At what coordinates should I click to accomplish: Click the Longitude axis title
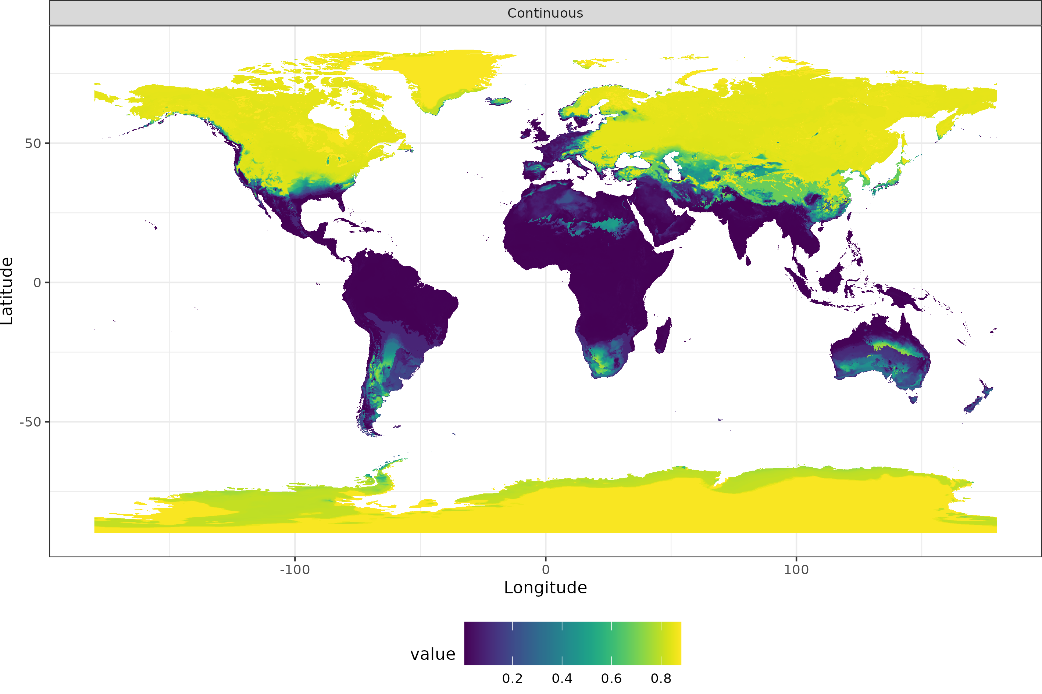click(x=545, y=588)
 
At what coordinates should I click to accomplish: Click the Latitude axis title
click(x=7, y=291)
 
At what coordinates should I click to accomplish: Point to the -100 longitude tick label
click(x=295, y=569)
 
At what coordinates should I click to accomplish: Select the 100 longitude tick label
click(x=796, y=569)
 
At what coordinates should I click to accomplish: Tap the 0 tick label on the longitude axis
click(x=545, y=569)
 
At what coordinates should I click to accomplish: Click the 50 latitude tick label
click(x=33, y=143)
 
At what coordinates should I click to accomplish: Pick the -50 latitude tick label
click(x=30, y=422)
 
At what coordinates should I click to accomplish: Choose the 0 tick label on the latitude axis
click(x=37, y=283)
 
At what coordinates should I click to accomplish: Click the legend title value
click(x=432, y=654)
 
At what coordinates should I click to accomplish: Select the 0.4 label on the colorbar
click(x=561, y=679)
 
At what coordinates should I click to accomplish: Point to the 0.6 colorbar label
click(x=611, y=679)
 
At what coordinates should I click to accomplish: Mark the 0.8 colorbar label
click(x=661, y=679)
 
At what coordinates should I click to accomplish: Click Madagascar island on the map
click(x=663, y=337)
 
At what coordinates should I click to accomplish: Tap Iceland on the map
click(x=499, y=101)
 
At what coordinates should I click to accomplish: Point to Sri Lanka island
click(x=748, y=261)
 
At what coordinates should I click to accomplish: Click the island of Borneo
click(x=832, y=279)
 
